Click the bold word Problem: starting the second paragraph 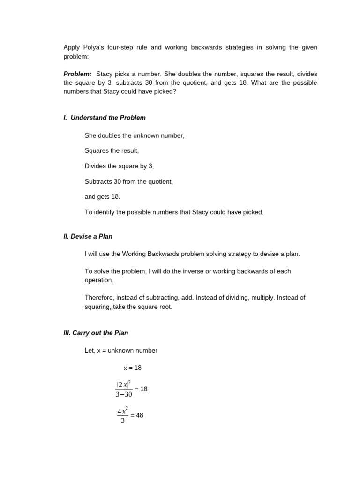[x=77, y=74]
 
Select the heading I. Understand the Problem [x=105, y=118]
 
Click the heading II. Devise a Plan [x=88, y=236]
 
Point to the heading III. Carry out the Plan [x=96, y=333]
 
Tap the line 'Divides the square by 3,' [x=119, y=166]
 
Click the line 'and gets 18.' [x=102, y=197]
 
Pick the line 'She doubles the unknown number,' [x=135, y=135]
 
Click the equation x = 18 [x=132, y=368]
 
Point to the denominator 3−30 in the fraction [x=124, y=394]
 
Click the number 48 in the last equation [x=139, y=415]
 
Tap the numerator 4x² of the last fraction [x=123, y=411]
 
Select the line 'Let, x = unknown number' [x=121, y=350]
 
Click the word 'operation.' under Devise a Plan [x=99, y=280]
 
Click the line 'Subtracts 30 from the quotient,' [x=129, y=181]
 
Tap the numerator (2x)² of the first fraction [x=124, y=384]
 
